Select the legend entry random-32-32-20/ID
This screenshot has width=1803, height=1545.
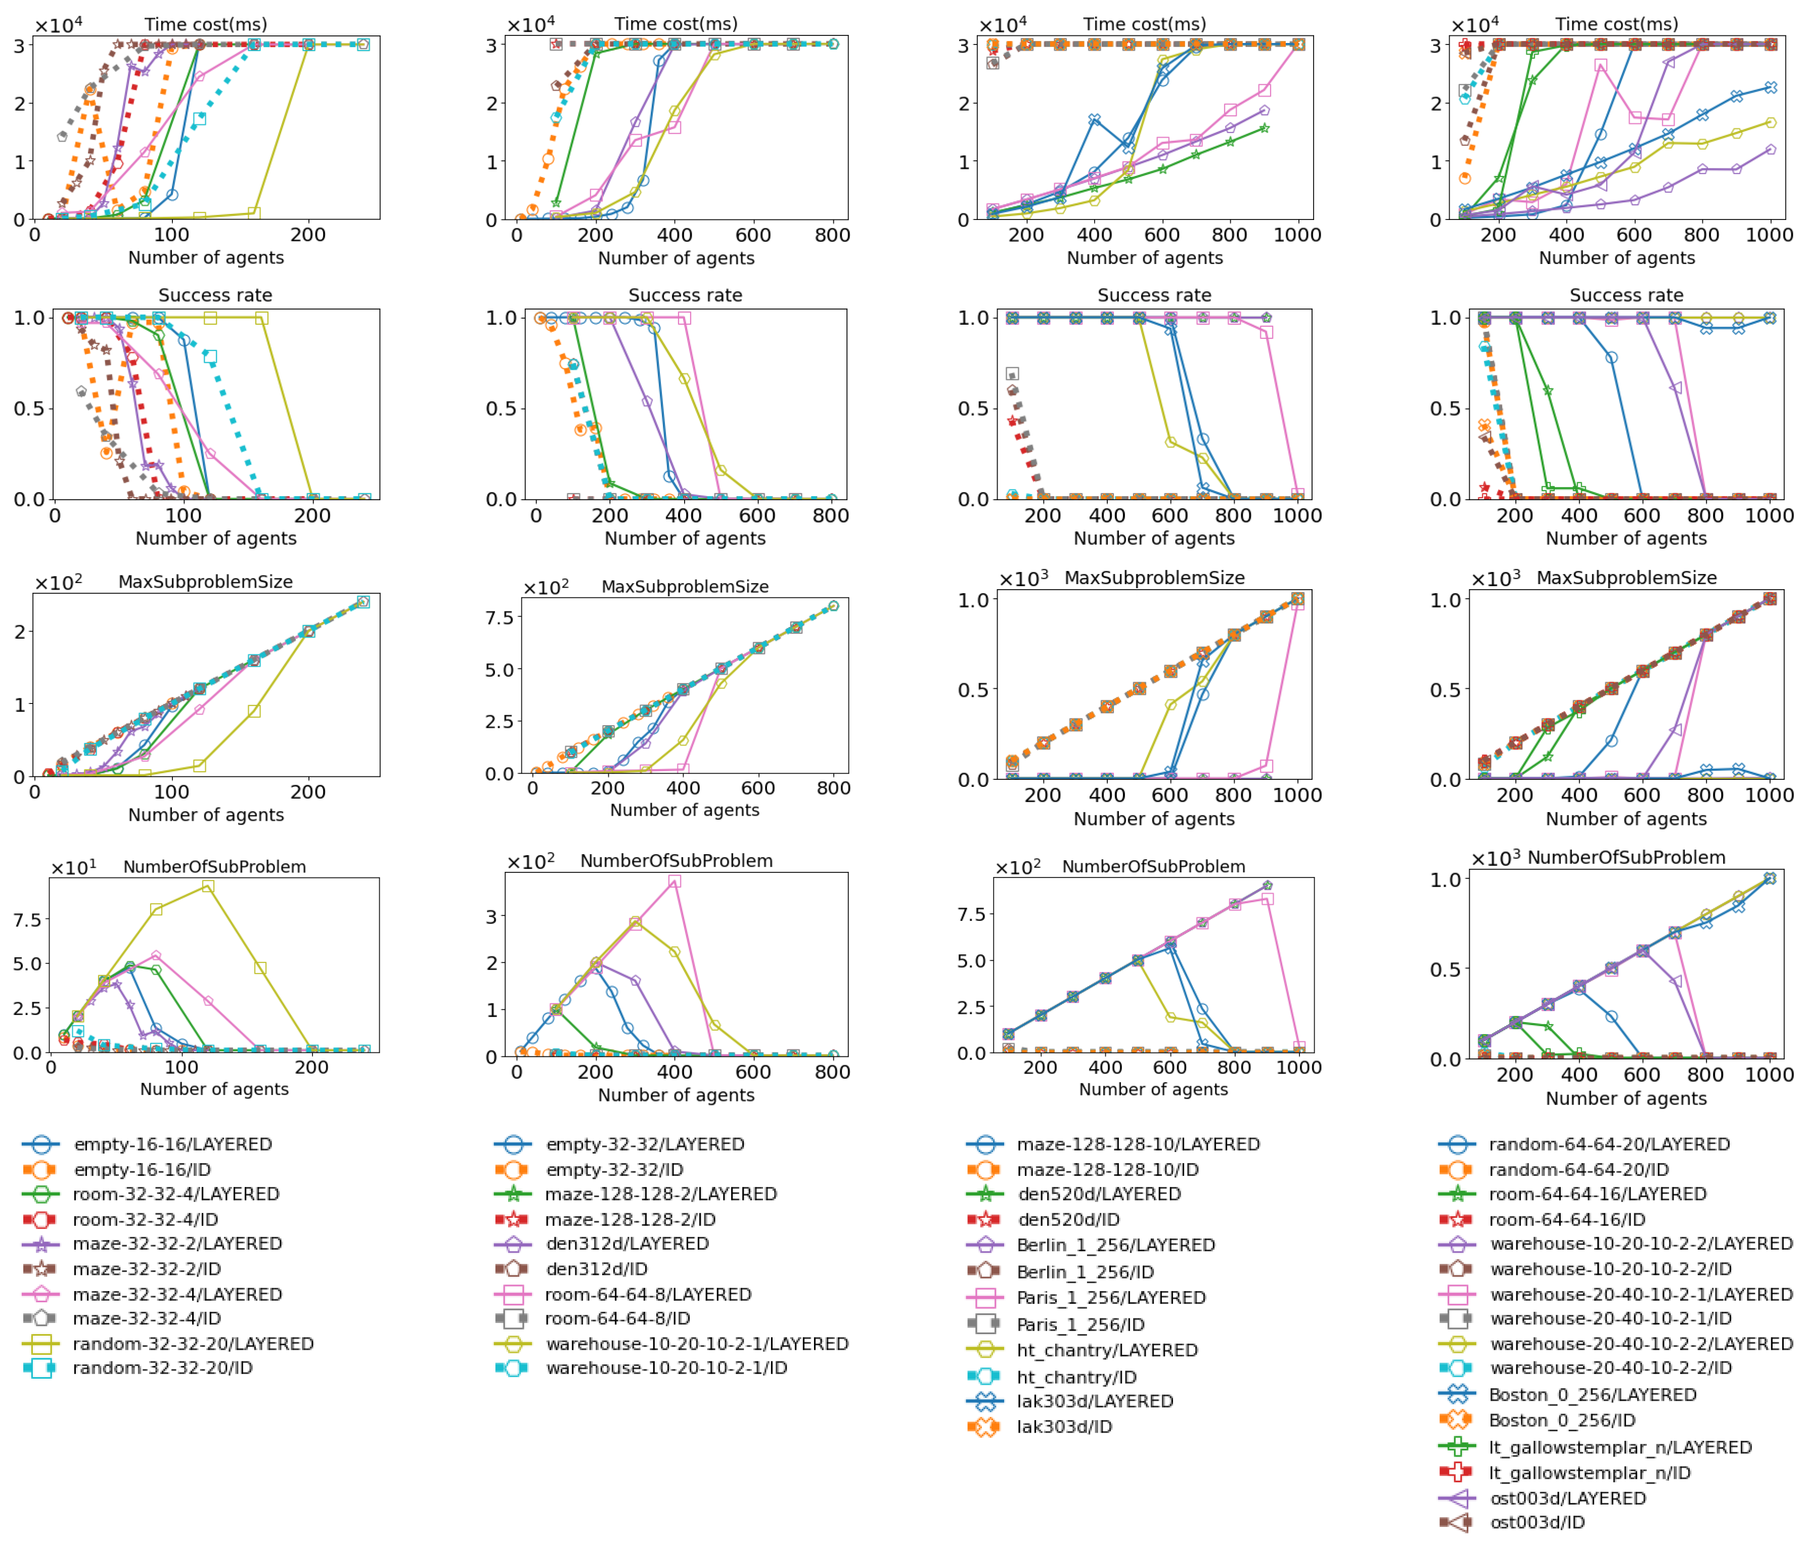[162, 1367]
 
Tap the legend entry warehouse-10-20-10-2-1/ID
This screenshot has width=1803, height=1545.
[666, 1367]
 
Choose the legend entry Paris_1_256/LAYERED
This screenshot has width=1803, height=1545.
[1110, 1297]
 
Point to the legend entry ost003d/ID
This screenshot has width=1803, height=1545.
[1537, 1522]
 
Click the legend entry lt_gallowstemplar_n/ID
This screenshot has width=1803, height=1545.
[1589, 1473]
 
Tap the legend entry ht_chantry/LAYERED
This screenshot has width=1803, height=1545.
[1107, 1350]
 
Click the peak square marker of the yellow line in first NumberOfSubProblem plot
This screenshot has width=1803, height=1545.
[208, 886]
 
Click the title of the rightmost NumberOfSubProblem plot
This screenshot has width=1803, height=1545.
[1626, 857]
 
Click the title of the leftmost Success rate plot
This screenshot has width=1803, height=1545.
[215, 295]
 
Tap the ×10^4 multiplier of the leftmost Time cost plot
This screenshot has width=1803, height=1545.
[58, 24]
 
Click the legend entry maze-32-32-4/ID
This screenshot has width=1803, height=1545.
[146, 1318]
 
